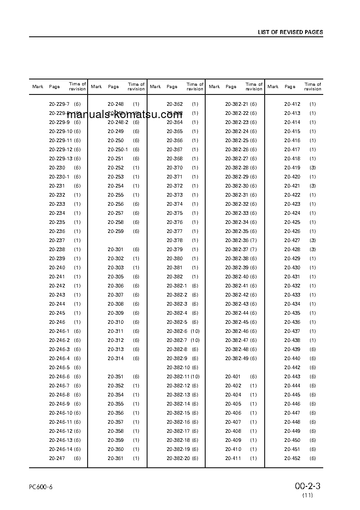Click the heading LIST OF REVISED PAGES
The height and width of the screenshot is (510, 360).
pyautogui.click(x=290, y=32)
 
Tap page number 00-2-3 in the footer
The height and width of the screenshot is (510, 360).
pyautogui.click(x=307, y=486)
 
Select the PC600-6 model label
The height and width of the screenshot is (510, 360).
pyautogui.click(x=40, y=487)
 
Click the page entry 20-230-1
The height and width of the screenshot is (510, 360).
pyautogui.click(x=59, y=177)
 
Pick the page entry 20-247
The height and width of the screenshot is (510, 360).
pyautogui.click(x=57, y=458)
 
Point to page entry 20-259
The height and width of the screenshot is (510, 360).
pyautogui.click(x=115, y=231)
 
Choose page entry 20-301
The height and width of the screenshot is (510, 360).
pyautogui.click(x=115, y=249)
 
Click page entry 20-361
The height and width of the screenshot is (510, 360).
pyautogui.click(x=115, y=458)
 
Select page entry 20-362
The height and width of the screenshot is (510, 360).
pyautogui.click(x=174, y=104)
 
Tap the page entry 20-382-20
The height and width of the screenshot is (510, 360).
pyautogui.click(x=178, y=458)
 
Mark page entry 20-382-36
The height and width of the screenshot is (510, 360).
pyautogui.click(x=237, y=240)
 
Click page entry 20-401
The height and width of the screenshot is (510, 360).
pyautogui.click(x=233, y=376)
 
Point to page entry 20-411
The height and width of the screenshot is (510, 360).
pyautogui.click(x=233, y=458)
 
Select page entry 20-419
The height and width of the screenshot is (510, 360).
pyautogui.click(x=292, y=168)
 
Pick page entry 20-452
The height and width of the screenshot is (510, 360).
pyautogui.click(x=292, y=458)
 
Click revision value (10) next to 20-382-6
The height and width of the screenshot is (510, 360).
pyautogui.click(x=195, y=331)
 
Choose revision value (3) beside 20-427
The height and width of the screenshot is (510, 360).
pyautogui.click(x=312, y=240)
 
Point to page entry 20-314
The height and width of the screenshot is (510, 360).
pyautogui.click(x=115, y=358)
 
